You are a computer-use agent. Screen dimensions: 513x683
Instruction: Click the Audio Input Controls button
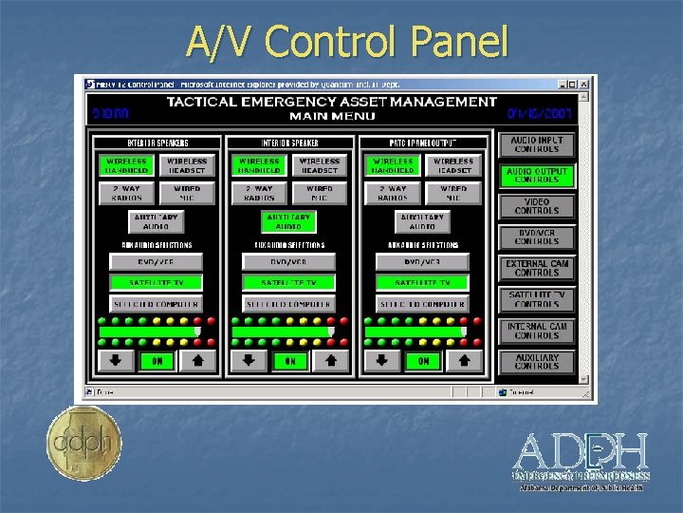click(537, 144)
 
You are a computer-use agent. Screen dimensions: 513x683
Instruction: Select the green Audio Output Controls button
click(537, 176)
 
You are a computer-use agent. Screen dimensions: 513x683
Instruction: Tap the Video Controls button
click(537, 206)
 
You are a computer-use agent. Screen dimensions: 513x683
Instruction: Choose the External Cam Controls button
click(537, 268)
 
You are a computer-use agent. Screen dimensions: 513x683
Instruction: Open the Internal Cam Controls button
click(537, 331)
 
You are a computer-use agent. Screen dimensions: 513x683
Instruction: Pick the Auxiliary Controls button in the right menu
click(537, 362)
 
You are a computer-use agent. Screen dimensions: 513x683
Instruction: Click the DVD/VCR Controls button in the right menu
click(537, 237)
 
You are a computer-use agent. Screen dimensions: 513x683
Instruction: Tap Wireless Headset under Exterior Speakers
click(186, 166)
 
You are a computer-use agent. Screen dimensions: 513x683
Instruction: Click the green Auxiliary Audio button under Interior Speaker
click(289, 221)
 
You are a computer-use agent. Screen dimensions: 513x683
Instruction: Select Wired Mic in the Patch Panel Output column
click(453, 194)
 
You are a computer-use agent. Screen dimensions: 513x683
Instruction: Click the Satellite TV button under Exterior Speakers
click(157, 283)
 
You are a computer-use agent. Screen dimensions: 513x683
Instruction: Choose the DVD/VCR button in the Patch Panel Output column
click(423, 261)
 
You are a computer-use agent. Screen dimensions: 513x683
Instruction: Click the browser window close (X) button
click(587, 84)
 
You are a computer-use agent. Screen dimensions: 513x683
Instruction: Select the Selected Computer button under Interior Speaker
click(289, 304)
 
